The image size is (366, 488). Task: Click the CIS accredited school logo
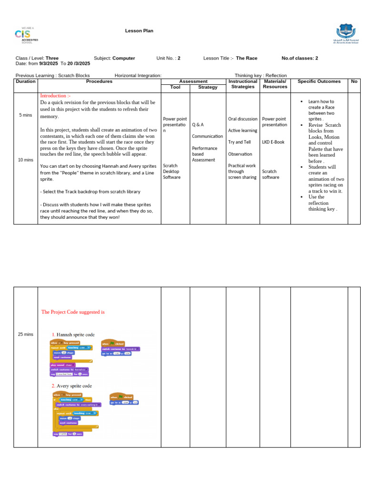click(x=26, y=36)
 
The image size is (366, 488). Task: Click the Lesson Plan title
click(x=139, y=31)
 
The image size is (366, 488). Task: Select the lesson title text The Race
click(x=246, y=58)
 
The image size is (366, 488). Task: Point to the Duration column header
click(x=26, y=81)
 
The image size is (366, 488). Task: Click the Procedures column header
click(x=99, y=81)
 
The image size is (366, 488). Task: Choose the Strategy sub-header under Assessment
click(x=208, y=87)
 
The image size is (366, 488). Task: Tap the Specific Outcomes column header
click(x=319, y=81)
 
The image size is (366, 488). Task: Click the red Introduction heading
click(x=55, y=96)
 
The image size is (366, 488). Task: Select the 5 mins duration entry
click(x=26, y=115)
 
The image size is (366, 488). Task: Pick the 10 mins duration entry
click(x=26, y=160)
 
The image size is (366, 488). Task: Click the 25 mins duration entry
click(x=26, y=335)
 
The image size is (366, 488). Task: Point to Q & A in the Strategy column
click(x=198, y=125)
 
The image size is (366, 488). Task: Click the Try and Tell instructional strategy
click(x=239, y=142)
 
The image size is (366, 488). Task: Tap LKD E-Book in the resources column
click(x=274, y=142)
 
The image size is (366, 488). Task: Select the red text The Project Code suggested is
click(x=73, y=312)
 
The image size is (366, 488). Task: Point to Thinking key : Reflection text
click(x=261, y=75)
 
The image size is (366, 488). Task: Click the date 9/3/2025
click(x=49, y=63)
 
